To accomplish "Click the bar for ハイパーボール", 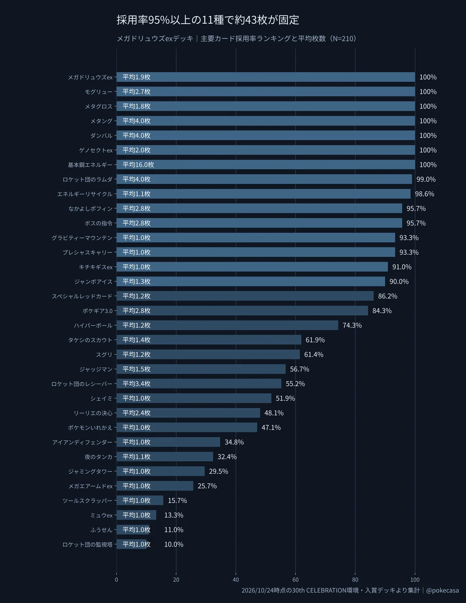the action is tap(227, 325).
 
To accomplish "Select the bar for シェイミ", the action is tap(194, 398).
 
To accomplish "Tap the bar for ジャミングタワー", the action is tap(160, 471).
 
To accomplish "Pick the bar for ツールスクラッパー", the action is tap(140, 500).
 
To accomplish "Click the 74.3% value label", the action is tap(352, 325).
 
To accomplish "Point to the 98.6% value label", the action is tap(424, 194).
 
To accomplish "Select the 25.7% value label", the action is tap(207, 486).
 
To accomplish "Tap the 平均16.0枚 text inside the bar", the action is tap(138, 165).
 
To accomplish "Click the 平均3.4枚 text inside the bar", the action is tap(136, 383).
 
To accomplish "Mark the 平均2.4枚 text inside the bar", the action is tap(136, 413).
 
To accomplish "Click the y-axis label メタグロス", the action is tap(99, 106).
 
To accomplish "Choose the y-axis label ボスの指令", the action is tap(99, 223).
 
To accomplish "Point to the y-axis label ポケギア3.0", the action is tap(97, 311).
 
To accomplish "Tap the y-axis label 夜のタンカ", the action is tap(99, 457).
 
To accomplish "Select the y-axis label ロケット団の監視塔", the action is tap(88, 544).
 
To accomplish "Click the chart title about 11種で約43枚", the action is tap(208, 20).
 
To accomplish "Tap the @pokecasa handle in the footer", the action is tap(442, 590).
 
